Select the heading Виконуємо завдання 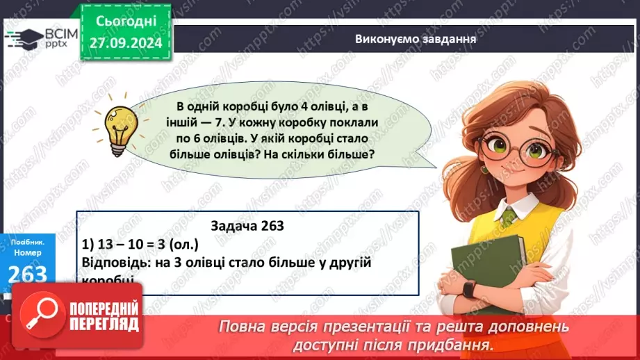tap(416, 38)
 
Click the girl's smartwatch tap(470, 288)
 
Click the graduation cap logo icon tap(24, 38)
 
